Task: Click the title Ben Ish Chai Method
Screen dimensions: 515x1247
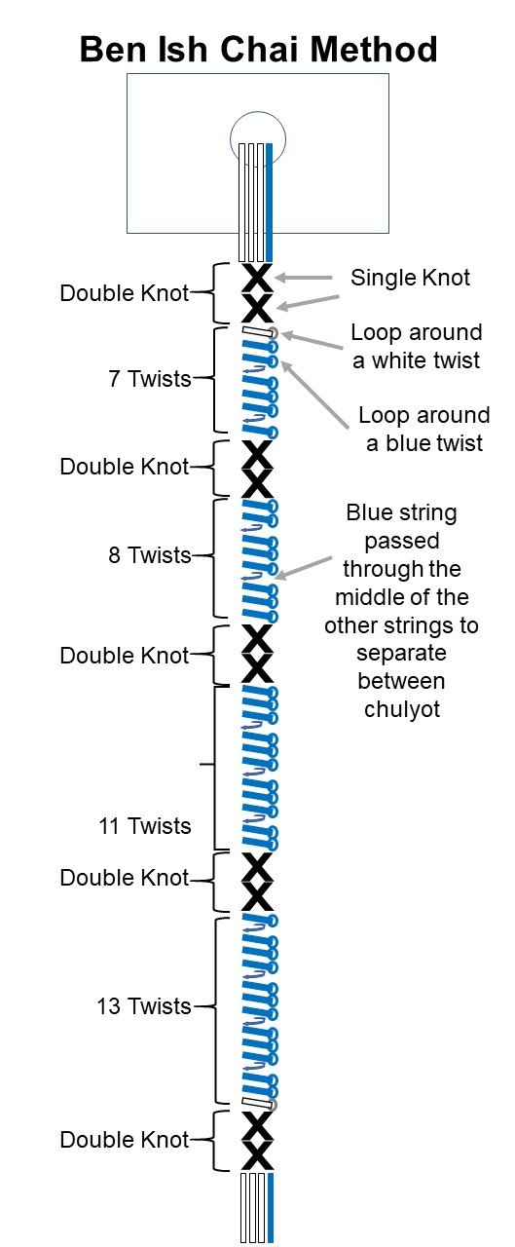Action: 259,49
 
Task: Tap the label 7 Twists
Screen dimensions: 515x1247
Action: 150,379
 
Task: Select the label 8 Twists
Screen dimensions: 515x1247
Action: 150,555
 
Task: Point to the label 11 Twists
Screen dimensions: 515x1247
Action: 145,825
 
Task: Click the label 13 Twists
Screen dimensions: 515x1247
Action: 144,1006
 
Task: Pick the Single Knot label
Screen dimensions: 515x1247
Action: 410,278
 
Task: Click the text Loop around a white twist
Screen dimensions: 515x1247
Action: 416,346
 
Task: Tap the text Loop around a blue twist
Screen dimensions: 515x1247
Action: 423,430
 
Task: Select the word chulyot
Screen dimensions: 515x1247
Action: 401,709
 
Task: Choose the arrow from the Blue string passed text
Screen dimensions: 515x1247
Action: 303,568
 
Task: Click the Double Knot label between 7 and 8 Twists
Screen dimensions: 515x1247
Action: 124,467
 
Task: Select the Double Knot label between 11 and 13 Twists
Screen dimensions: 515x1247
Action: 124,878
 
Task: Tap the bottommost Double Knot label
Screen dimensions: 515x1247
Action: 124,1140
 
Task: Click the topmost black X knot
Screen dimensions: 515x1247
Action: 257,278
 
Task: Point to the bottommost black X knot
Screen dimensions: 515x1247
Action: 257,1154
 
